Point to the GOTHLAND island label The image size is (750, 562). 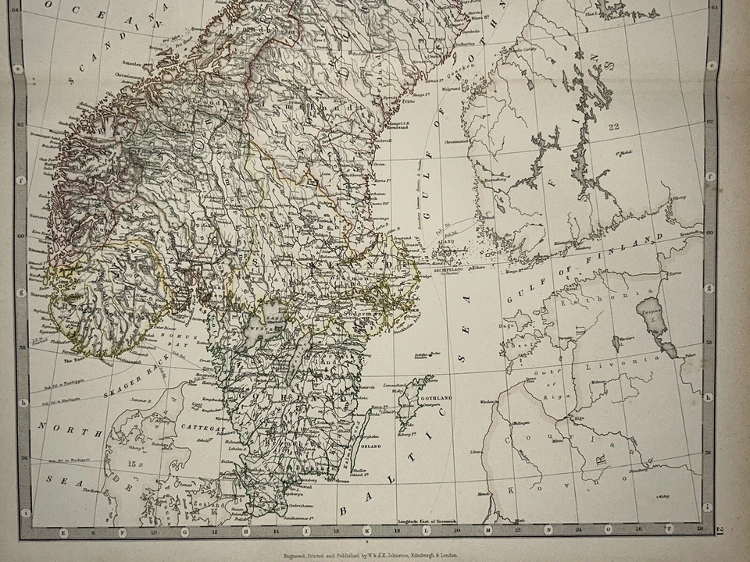pyautogui.click(x=435, y=398)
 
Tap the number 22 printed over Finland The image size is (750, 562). pyautogui.click(x=613, y=127)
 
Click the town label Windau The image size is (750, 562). pyautogui.click(x=489, y=401)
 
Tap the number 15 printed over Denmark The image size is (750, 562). pyautogui.click(x=134, y=464)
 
